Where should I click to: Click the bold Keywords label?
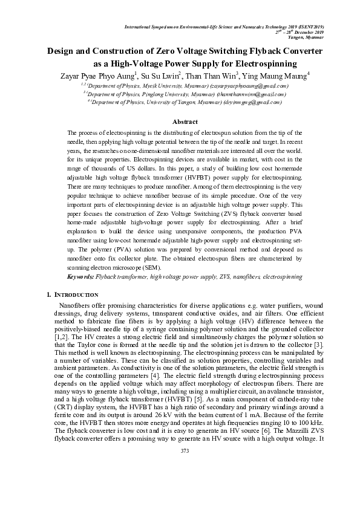pos(81,276)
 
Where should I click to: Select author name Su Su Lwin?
pos(163,76)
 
